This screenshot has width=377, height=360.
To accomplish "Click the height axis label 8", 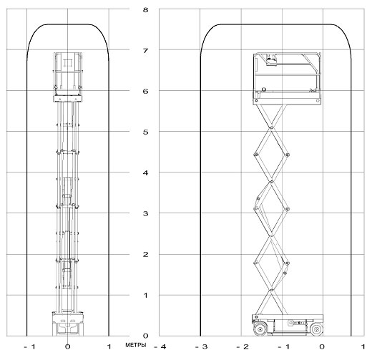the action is [145, 10].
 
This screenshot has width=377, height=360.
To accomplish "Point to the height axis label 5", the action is [145, 132].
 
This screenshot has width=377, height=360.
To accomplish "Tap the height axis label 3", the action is [145, 213].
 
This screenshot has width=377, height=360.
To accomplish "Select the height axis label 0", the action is [145, 336].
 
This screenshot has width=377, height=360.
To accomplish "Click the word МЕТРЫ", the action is [136, 345].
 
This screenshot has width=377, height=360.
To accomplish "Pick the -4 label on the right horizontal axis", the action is [160, 347].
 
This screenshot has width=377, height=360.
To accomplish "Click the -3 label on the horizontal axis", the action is [201, 347].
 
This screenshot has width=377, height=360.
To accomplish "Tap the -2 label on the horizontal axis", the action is [243, 347].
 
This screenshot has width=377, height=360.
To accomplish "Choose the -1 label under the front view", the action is [30, 347].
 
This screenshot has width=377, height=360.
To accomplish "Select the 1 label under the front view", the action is [109, 347].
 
